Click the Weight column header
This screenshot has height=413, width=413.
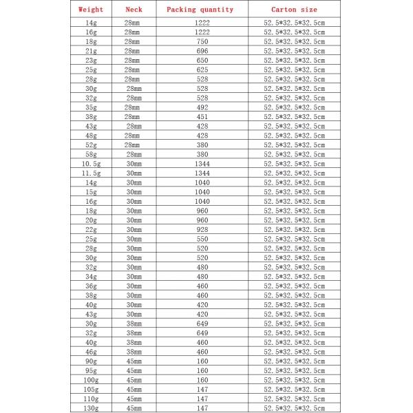(x=91, y=10)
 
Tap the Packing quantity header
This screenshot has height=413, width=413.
(x=200, y=10)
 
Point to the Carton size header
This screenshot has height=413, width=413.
(x=295, y=10)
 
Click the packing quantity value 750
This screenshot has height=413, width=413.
(x=202, y=41)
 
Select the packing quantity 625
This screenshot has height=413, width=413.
(x=202, y=70)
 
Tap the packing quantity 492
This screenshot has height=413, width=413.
(x=202, y=107)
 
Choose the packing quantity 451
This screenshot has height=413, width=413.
(x=202, y=117)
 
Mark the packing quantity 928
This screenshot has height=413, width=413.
(x=202, y=229)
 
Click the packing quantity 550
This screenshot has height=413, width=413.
(x=202, y=239)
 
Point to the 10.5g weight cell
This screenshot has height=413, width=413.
(x=91, y=164)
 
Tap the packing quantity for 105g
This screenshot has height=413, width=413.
(x=202, y=389)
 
